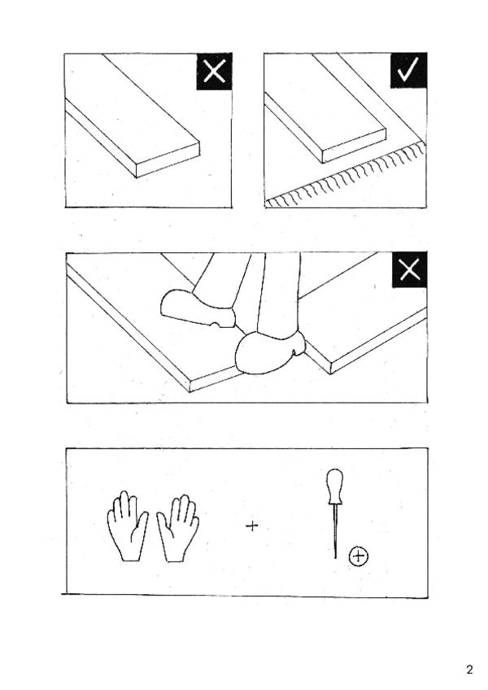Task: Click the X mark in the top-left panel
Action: [214, 72]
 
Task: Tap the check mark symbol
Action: [408, 71]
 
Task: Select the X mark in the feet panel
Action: [409, 269]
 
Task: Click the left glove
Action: [128, 526]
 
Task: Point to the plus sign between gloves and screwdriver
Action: [251, 526]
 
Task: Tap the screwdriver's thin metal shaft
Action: [336, 531]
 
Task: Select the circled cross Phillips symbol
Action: [359, 557]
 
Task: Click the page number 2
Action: [469, 670]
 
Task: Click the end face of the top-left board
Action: [168, 160]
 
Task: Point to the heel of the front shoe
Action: [298, 343]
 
